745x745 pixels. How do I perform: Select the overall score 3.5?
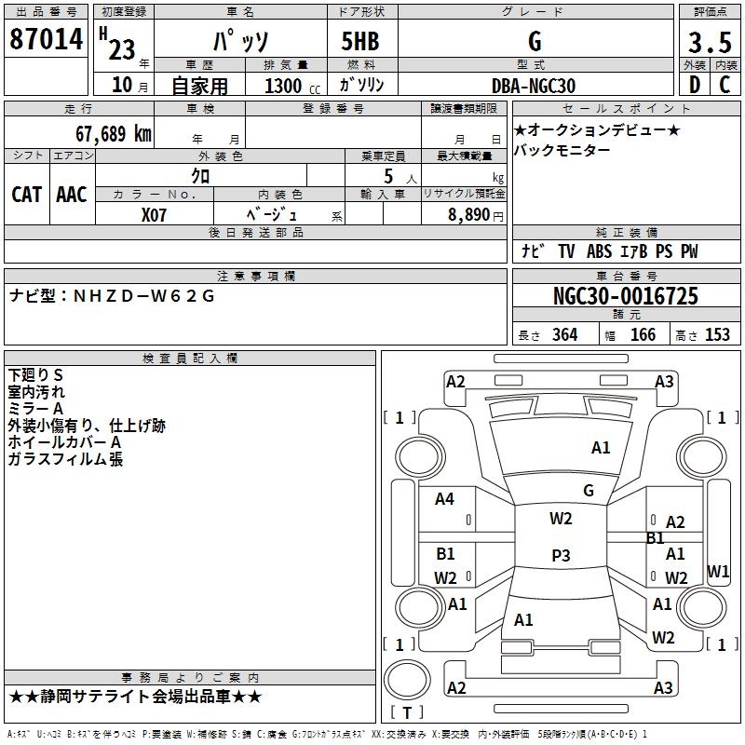tap(708, 42)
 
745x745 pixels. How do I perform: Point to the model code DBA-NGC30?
tap(534, 86)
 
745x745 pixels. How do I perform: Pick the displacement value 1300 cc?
tap(284, 86)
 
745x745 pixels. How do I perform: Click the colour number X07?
tap(155, 215)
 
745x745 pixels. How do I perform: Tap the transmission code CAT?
tap(27, 195)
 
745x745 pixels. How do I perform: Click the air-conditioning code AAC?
tap(72, 195)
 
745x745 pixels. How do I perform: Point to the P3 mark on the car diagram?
tap(561, 556)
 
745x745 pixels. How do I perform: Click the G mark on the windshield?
tap(589, 491)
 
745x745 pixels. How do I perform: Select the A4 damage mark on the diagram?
tap(445, 499)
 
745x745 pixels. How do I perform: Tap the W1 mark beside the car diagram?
tap(718, 571)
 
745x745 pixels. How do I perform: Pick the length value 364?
tap(564, 335)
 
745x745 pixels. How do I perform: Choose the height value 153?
tap(717, 335)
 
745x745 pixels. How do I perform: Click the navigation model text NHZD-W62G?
tap(143, 297)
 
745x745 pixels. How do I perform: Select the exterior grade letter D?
tap(694, 86)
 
